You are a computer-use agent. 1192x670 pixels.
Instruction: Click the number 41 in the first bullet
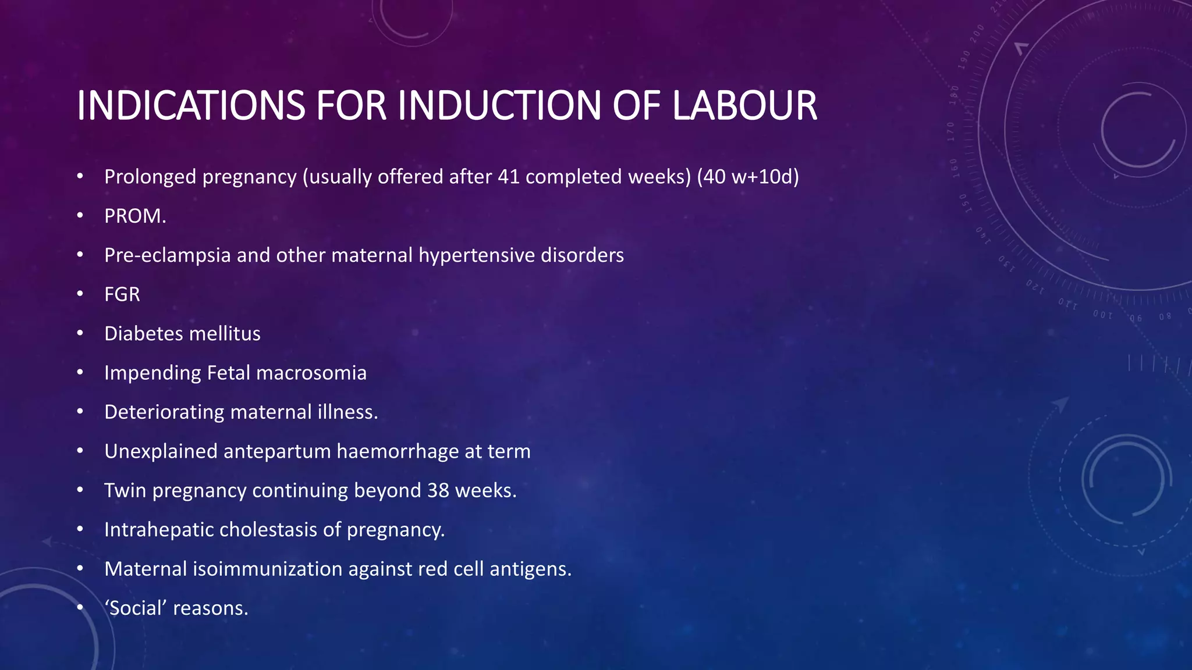pos(509,176)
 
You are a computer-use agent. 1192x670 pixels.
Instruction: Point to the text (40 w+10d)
pos(748,176)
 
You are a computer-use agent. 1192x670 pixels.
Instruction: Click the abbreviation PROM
pos(135,216)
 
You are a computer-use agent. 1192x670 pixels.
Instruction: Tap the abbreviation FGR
pos(122,294)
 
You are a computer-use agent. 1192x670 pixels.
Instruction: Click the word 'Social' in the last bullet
pos(136,608)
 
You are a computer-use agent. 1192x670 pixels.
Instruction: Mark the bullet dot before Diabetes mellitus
pos(80,333)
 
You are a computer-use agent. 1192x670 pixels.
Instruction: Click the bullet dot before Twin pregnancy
pos(80,490)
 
